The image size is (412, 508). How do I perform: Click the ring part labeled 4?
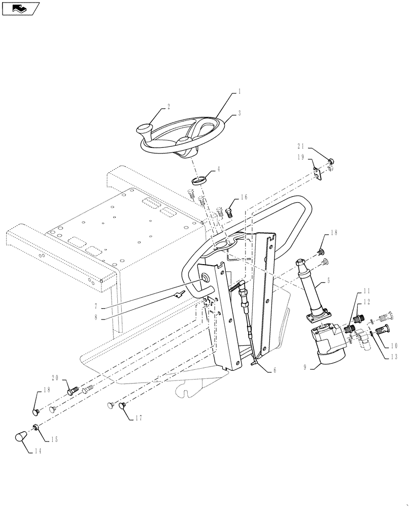tap(199, 180)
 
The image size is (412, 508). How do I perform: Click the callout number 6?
tap(274, 370)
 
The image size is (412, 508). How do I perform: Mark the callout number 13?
tap(395, 356)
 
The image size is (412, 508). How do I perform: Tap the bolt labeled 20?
tap(72, 392)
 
